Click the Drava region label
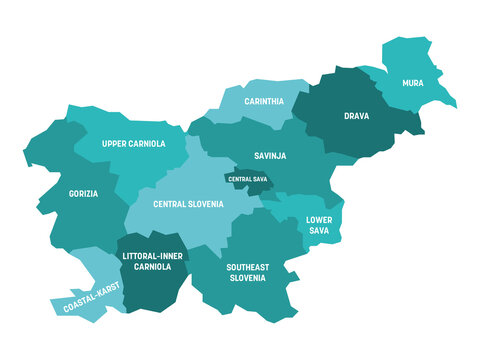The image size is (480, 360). [356, 115]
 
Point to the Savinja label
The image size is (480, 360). [270, 155]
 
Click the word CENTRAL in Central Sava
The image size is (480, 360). [237, 179]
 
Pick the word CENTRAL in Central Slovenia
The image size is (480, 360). [172, 204]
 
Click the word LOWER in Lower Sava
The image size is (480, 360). [319, 218]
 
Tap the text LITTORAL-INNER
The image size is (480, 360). [153, 256]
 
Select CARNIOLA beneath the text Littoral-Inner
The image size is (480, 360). [153, 268]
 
